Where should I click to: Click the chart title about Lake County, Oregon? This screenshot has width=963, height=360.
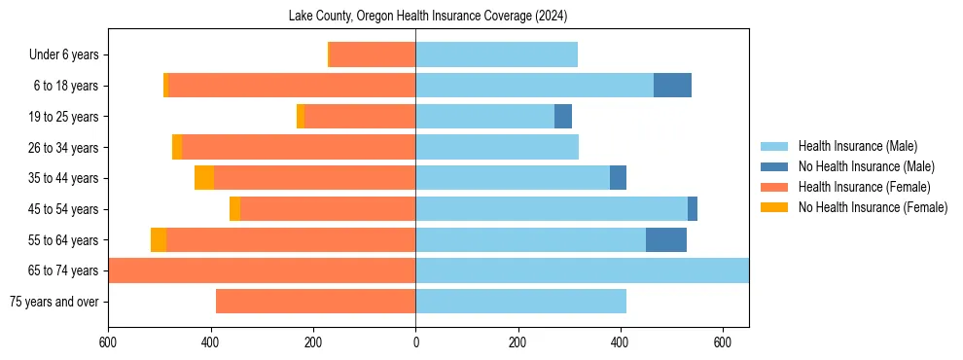click(428, 16)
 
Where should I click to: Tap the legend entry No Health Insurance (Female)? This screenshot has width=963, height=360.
click(873, 207)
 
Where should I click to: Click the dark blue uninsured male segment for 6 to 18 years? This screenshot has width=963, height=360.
click(672, 86)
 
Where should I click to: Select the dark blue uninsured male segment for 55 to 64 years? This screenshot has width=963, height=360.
click(666, 239)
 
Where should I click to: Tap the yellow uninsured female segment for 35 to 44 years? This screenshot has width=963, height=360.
click(204, 178)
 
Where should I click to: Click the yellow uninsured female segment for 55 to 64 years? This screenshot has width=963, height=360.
click(159, 239)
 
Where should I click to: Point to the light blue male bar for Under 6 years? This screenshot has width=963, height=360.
click(496, 54)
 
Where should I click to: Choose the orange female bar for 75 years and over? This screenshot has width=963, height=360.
click(315, 302)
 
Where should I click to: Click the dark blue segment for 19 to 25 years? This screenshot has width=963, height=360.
click(563, 117)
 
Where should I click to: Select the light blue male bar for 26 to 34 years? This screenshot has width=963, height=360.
click(497, 147)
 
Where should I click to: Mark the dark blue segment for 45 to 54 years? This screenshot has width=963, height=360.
click(693, 209)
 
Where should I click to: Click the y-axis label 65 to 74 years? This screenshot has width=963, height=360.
click(64, 270)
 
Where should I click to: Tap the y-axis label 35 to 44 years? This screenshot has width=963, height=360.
click(64, 178)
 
